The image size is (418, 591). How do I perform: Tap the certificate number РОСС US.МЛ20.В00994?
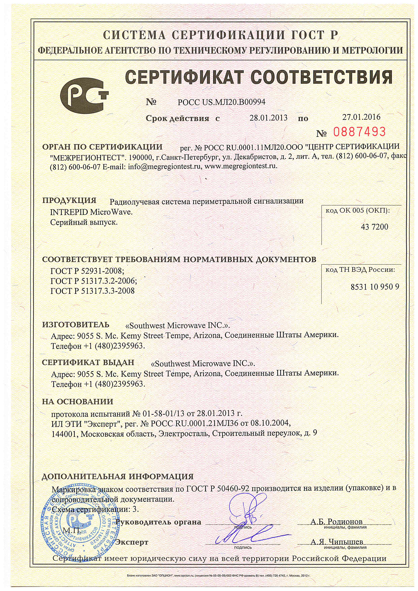pyautogui.click(x=221, y=102)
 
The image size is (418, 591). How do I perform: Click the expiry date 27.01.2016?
pyautogui.click(x=361, y=117)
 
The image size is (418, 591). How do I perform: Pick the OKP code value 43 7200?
pyautogui.click(x=375, y=227)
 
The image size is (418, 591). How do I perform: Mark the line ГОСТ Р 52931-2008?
pyautogui.click(x=87, y=271)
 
